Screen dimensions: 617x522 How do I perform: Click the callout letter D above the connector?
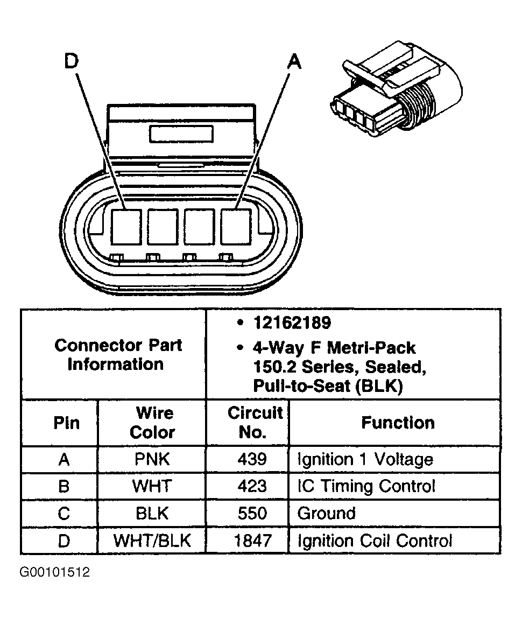point(71,62)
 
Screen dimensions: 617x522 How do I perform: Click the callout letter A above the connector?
point(294,62)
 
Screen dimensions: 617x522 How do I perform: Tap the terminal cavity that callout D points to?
point(126,227)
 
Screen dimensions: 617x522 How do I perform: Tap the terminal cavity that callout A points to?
point(236,227)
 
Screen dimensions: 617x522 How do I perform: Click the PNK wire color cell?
point(152,459)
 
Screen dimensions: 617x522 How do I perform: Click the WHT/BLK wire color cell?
point(152,541)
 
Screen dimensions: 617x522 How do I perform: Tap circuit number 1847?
point(253,541)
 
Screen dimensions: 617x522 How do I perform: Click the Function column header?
point(398,423)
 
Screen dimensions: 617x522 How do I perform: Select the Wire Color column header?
point(153,423)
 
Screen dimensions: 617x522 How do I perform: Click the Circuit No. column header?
point(255,423)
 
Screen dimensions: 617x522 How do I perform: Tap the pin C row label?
point(64,513)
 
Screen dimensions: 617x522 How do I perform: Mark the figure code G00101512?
point(55,572)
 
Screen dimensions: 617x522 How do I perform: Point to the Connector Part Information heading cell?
point(118,354)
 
